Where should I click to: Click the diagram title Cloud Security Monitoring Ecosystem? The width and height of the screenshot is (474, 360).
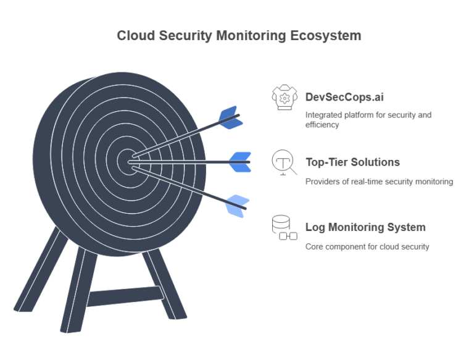coord(239,35)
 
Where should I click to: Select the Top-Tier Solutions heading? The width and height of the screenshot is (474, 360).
coord(352,162)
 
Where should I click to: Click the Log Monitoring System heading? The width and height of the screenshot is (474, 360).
coord(365,227)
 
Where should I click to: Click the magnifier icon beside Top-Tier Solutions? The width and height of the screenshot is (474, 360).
coord(283,163)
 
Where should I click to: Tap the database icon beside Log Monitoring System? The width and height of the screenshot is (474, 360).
coord(283,227)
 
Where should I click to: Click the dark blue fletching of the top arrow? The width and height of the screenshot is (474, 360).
coord(230,117)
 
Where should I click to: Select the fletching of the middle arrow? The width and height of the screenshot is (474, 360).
coord(240,162)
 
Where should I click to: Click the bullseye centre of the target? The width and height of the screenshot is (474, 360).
coord(128,161)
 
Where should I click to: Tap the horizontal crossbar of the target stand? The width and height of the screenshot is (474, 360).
coord(124,296)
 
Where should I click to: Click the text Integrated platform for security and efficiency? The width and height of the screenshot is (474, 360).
coord(368,119)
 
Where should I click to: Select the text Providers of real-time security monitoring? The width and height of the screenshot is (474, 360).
coord(379,182)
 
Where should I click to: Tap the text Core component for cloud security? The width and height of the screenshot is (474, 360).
coord(367,246)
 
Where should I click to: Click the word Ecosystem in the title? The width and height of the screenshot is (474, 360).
coord(325,35)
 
